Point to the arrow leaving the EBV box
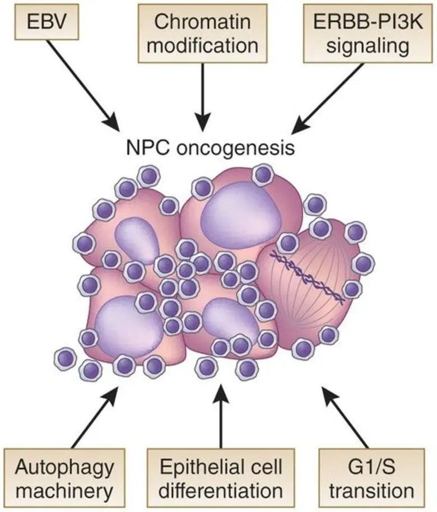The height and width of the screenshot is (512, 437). [84, 83]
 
